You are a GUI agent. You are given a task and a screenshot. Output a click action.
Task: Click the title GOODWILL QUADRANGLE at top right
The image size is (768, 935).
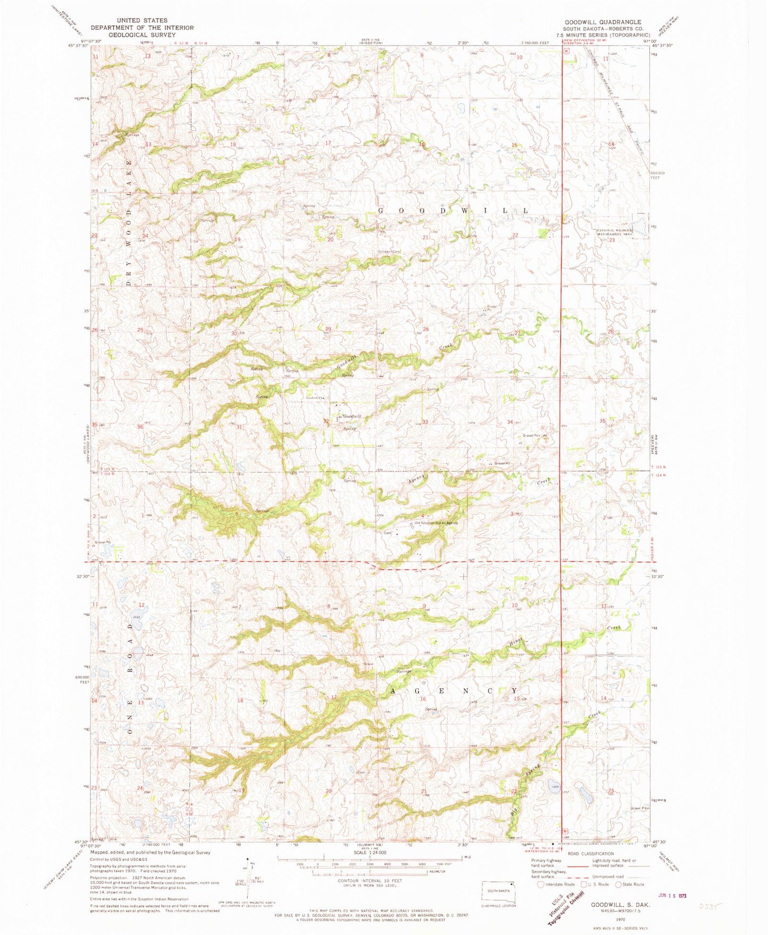click(603, 22)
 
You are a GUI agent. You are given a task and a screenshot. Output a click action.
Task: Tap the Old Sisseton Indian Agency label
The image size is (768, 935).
click(436, 523)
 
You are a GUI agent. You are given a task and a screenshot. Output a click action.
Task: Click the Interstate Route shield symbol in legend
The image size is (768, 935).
click(541, 884)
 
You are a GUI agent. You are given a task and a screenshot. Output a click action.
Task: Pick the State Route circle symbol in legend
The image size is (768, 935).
click(619, 884)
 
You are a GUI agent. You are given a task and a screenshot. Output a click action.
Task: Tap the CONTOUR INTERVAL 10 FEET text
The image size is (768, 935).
click(368, 881)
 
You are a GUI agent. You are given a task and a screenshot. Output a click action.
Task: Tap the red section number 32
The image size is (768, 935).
click(326, 421)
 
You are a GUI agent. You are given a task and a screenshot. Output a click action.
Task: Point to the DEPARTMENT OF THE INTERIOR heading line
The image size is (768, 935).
click(142, 28)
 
